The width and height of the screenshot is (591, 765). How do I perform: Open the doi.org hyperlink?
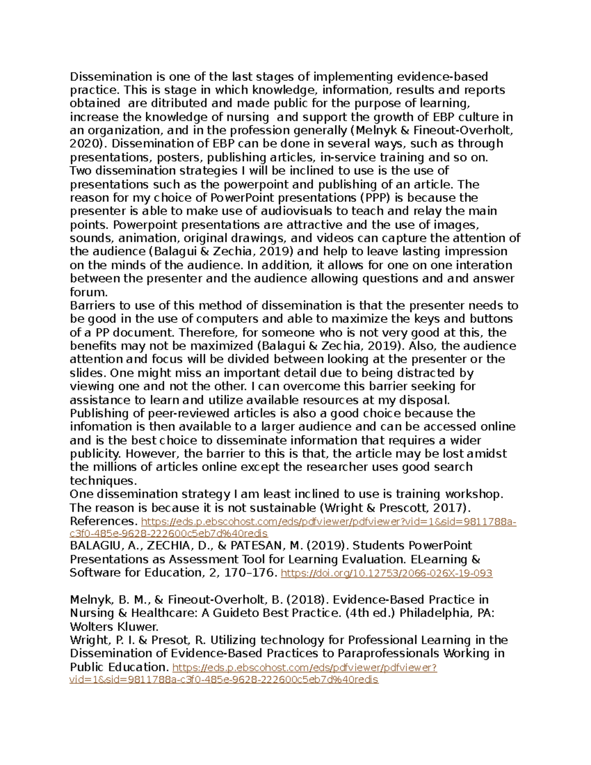coord(386,573)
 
